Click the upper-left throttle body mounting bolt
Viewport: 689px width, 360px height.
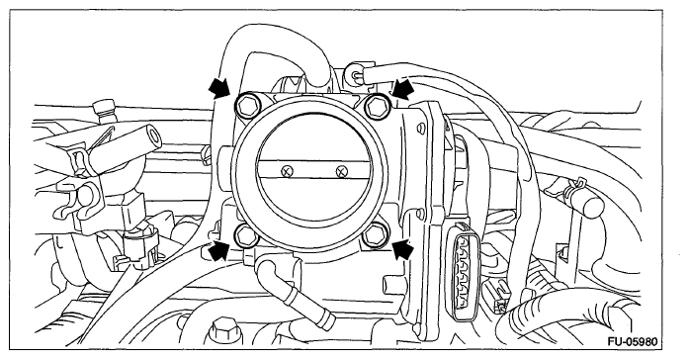(x=248, y=106)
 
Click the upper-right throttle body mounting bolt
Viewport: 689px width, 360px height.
(x=378, y=106)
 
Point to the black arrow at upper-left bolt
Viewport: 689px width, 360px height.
(x=219, y=87)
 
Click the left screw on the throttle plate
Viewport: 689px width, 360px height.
(x=287, y=171)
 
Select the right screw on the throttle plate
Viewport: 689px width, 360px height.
(x=340, y=171)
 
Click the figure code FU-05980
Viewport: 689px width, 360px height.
(x=633, y=341)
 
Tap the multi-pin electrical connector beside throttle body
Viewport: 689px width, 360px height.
(x=461, y=268)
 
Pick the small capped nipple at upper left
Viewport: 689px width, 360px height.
(x=104, y=111)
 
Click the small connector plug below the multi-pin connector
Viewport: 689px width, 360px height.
(x=495, y=297)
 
